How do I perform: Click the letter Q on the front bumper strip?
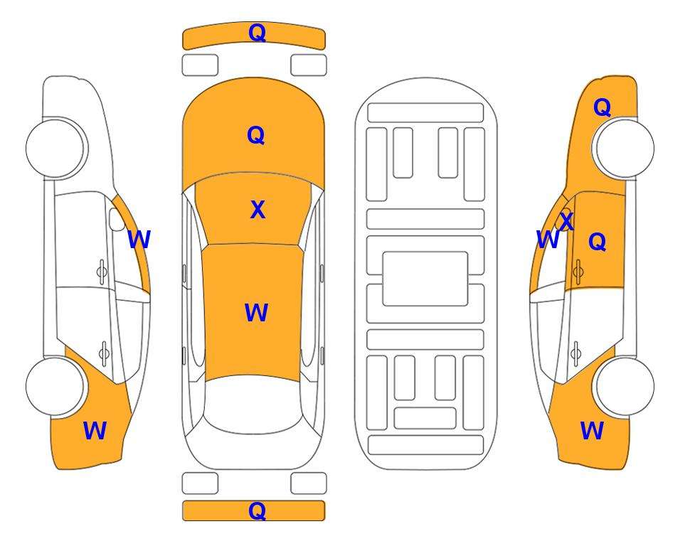pos(257,33)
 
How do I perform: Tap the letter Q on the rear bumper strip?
pos(257,510)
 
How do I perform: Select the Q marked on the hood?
pos(256,135)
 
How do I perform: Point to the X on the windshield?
pos(257,210)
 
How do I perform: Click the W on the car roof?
pos(256,313)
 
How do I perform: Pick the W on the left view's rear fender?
pos(95,431)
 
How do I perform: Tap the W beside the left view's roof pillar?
pos(139,240)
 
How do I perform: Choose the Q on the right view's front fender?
pos(602,107)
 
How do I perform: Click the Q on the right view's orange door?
pos(598,242)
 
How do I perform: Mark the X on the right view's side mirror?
pos(567,221)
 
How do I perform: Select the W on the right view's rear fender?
pos(592,431)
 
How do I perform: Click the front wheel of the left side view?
pos(55,149)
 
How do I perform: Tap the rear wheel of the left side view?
pos(55,386)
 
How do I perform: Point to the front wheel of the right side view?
pos(625,149)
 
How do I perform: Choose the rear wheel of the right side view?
pos(625,386)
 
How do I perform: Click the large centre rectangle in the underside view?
pos(425,279)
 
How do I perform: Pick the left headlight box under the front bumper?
pos(200,65)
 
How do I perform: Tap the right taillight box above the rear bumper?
pos(309,483)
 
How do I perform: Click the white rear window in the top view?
pos(253,404)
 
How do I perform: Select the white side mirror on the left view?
pos(117,219)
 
